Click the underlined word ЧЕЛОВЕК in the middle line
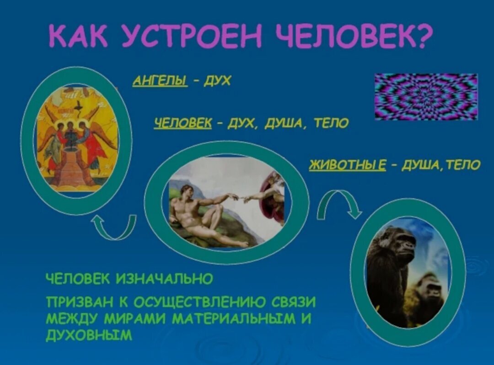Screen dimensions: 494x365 pyautogui.click(x=183, y=122)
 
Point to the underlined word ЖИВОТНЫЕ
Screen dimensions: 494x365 pyautogui.click(x=348, y=164)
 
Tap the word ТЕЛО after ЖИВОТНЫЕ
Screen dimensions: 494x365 pyautogui.click(x=463, y=164)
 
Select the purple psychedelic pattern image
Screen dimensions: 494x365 pyautogui.click(x=426, y=97)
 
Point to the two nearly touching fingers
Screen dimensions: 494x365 pyautogui.click(x=241, y=198)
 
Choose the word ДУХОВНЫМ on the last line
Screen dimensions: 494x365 pyautogui.click(x=89, y=335)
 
